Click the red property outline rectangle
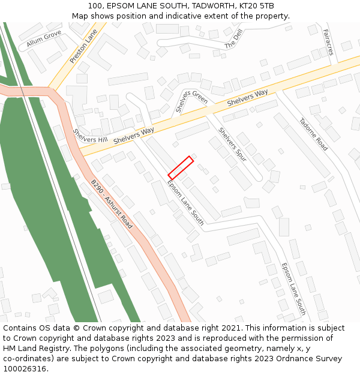click(180, 167)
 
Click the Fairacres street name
click(328, 42)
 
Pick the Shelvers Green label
click(192, 98)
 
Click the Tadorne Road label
click(314, 134)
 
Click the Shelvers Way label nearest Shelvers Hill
click(133, 133)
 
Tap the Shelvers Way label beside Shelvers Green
click(247, 98)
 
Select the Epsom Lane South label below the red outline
click(185, 203)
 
